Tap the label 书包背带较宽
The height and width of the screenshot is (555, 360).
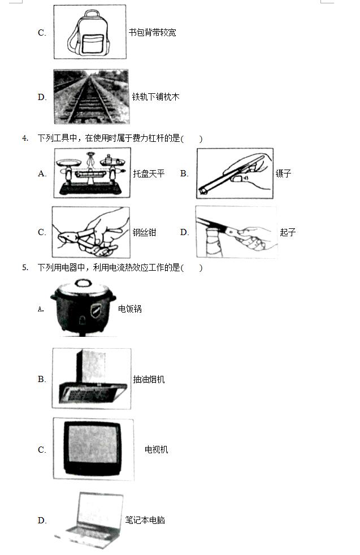coord(152,33)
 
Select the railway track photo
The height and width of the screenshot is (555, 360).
coord(92,97)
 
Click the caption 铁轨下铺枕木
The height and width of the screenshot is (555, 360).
coord(155,97)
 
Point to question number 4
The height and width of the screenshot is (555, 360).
coord(25,138)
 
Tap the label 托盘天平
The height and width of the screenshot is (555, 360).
coord(149,174)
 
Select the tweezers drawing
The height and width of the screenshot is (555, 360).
coord(235,174)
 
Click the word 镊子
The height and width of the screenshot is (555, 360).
coord(283,174)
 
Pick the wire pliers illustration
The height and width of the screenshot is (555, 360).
coord(90,232)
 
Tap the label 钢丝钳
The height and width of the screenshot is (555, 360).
coord(144,232)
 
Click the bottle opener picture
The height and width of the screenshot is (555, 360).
coord(236,232)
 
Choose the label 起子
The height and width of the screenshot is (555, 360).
coord(288,232)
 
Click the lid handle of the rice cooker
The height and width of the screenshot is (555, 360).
coord(83,283)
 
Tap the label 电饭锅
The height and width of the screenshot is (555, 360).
coord(129,309)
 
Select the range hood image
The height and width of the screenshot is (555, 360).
coord(92,378)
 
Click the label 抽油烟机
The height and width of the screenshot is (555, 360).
coord(149,379)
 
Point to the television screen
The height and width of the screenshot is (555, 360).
coord(92,444)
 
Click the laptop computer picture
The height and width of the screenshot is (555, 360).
coord(89,521)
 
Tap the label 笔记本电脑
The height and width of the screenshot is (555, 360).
coord(145,520)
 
